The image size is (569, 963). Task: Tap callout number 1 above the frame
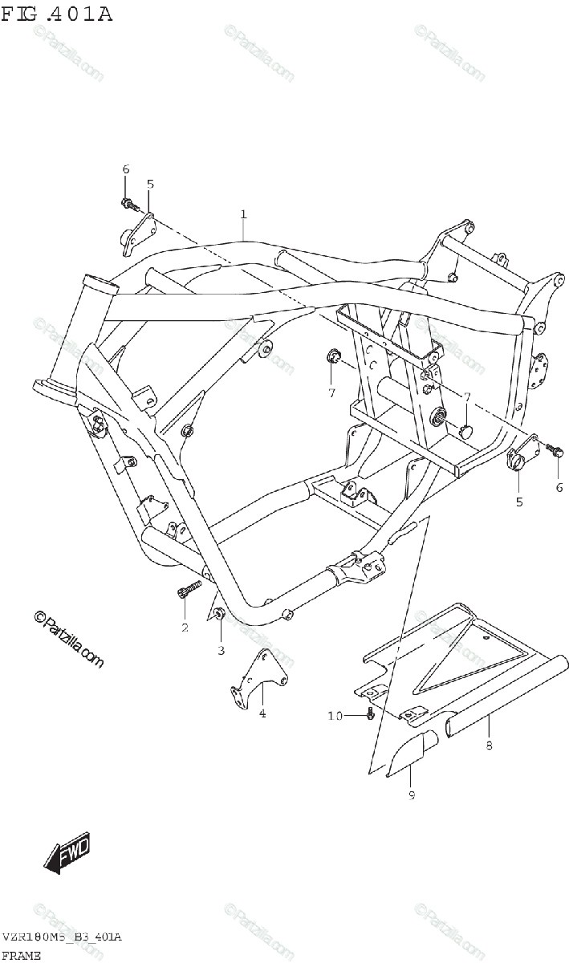pos(242,213)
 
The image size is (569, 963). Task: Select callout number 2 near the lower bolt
pos(185,627)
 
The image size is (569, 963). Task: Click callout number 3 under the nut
pos(221,650)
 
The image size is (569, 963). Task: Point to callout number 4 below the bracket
pos(262,713)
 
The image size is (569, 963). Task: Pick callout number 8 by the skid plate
pos(489,746)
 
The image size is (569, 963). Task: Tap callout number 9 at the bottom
pos(411,794)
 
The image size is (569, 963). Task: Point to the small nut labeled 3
pos(219,616)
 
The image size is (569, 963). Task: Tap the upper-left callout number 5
pos(150,184)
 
